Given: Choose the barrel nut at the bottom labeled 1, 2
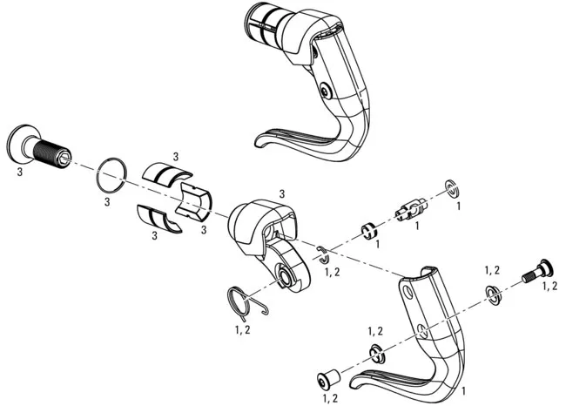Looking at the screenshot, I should pyautogui.click(x=329, y=380).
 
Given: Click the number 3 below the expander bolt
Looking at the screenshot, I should pyautogui.click(x=19, y=173).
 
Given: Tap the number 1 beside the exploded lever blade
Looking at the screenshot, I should pyautogui.click(x=462, y=392).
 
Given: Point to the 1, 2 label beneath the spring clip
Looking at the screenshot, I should pyautogui.click(x=243, y=330).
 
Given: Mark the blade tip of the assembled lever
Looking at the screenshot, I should pyautogui.click(x=262, y=141).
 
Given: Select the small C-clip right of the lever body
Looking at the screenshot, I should pyautogui.click(x=323, y=254).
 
